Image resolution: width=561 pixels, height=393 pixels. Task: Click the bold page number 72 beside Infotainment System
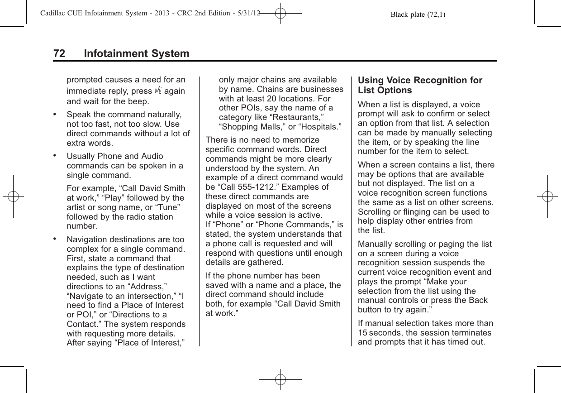[x=59, y=54]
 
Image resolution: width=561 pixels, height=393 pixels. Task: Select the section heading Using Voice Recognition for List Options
[x=420, y=85]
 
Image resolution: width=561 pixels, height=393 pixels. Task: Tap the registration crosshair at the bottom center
[x=280, y=379]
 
